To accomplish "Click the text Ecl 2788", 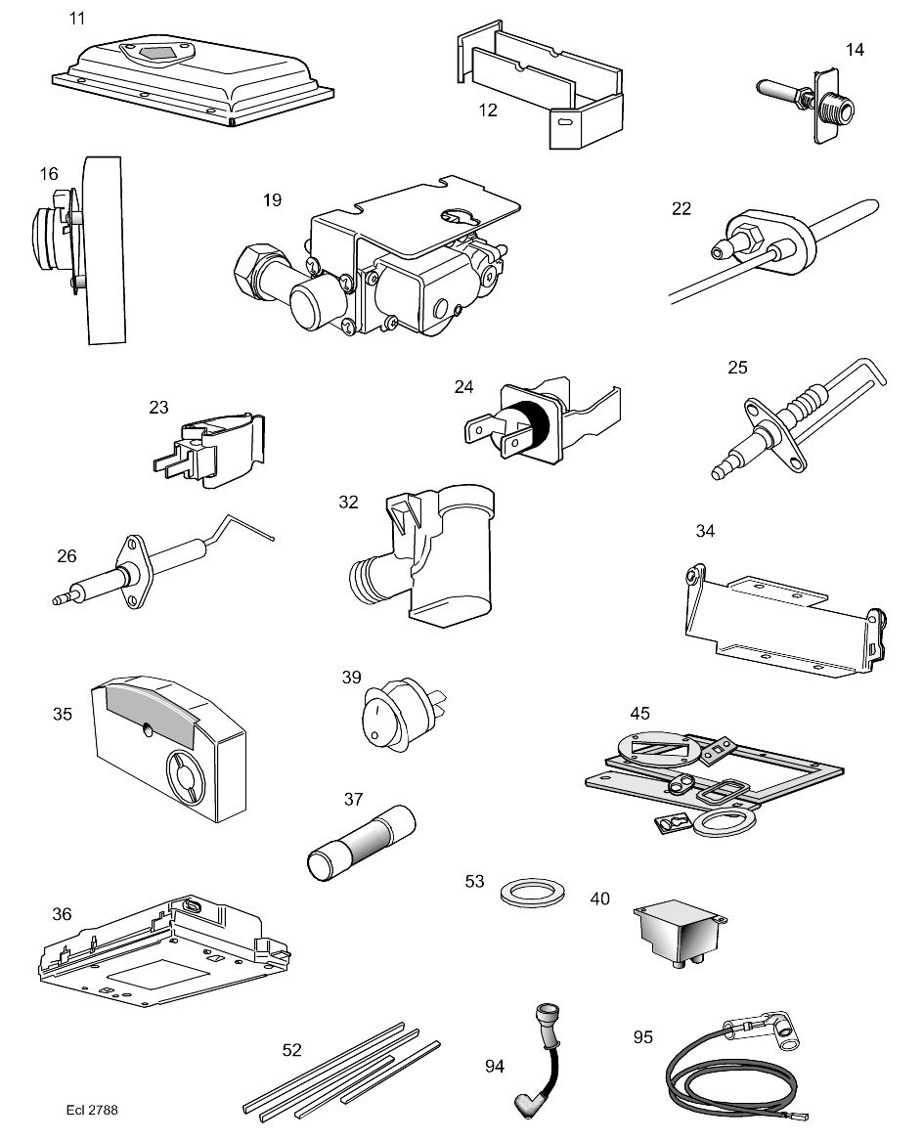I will (94, 1110).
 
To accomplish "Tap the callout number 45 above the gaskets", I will (639, 713).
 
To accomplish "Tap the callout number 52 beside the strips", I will (291, 1050).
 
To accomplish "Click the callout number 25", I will (737, 369).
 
